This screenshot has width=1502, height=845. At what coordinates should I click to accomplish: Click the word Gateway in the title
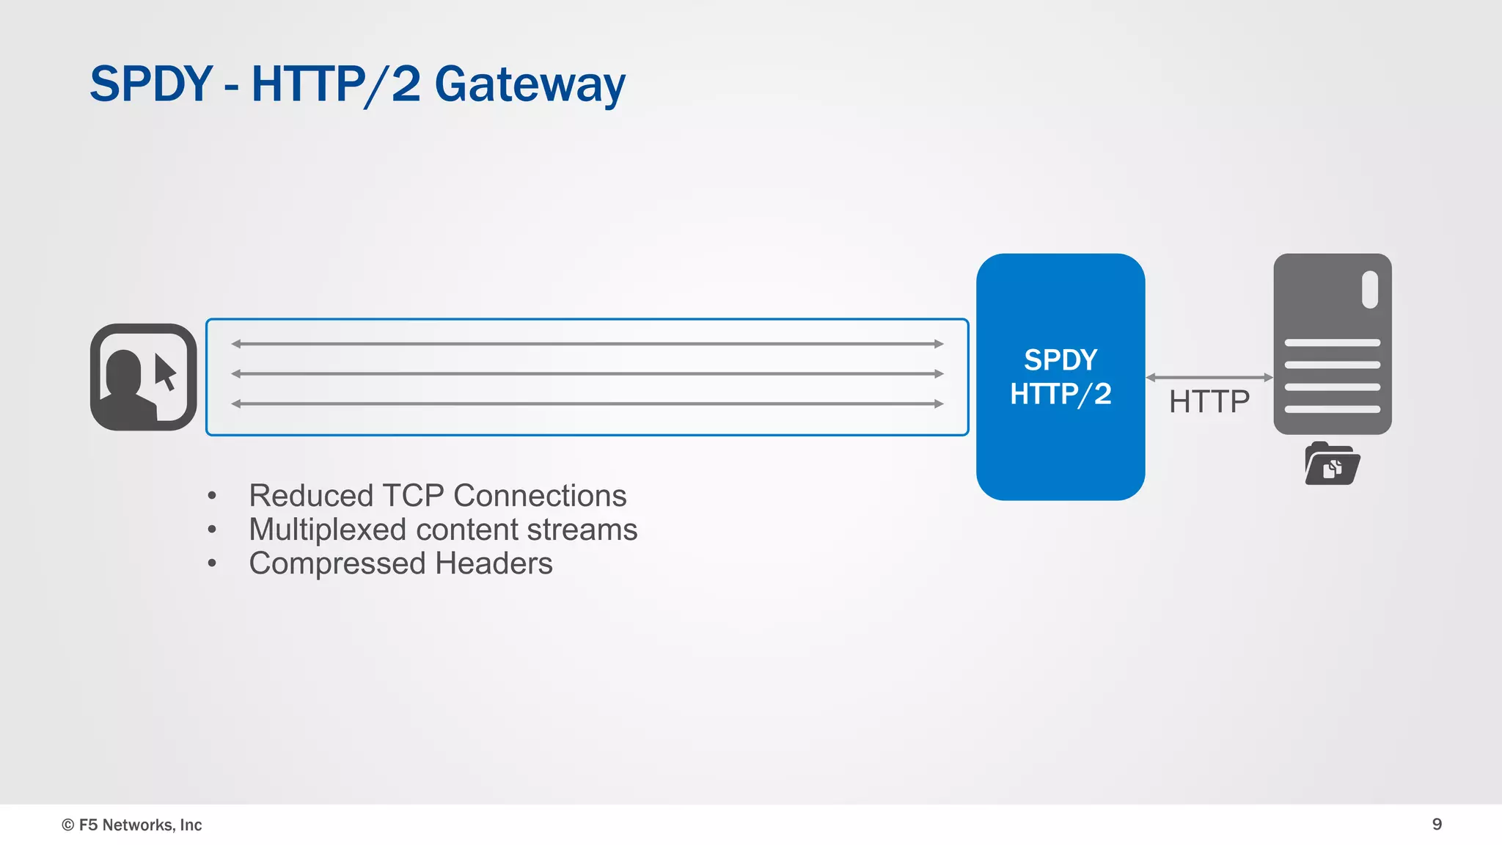pos(530,85)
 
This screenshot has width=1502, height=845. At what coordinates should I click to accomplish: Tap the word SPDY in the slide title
pos(151,84)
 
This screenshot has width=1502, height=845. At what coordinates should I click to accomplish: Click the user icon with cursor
pos(144,377)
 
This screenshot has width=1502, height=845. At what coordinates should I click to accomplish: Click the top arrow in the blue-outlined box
pos(587,343)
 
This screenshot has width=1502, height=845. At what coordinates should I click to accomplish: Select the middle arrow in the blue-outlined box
pos(587,373)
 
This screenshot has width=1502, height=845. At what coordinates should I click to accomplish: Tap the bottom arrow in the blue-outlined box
pos(587,403)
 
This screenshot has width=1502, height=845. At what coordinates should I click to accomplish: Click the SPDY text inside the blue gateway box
pos(1060,360)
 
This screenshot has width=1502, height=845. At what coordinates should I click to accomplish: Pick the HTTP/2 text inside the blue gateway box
pos(1060,395)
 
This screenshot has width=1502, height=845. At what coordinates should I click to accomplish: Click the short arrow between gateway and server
pos(1209,377)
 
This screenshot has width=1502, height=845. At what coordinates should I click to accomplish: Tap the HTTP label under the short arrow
pos(1209,402)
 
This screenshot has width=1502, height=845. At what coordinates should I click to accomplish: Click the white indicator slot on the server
pos(1369,290)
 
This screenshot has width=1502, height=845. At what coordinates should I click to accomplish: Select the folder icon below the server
pos(1332,464)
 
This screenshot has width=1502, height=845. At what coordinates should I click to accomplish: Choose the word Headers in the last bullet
pos(494,563)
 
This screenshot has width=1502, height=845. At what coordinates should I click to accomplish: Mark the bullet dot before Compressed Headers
pos(212,563)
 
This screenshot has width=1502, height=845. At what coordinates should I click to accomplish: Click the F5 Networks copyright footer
pos(132,824)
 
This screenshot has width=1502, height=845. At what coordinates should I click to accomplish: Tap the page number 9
pos(1437,824)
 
